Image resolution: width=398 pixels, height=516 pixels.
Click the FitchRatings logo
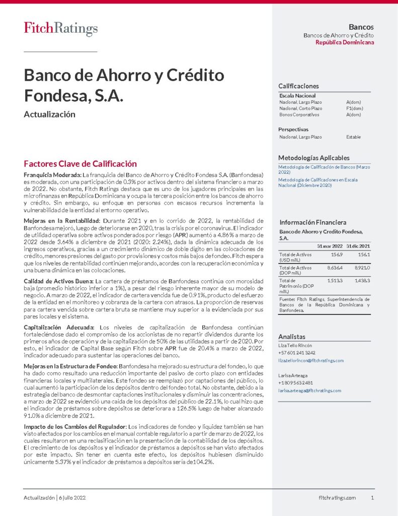click(x=61, y=29)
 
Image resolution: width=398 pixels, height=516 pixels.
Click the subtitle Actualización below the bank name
click(x=49, y=114)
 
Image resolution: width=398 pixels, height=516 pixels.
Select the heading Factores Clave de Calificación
click(x=81, y=164)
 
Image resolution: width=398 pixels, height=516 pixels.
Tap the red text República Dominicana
click(x=345, y=43)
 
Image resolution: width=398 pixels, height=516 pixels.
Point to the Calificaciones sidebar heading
click(x=298, y=86)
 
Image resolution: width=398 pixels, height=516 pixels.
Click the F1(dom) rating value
click(x=354, y=108)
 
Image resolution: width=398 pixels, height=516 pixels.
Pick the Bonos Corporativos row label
click(x=299, y=115)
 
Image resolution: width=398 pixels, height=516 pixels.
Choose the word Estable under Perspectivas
click(x=353, y=137)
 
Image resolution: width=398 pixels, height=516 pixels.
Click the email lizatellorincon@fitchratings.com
click(x=311, y=361)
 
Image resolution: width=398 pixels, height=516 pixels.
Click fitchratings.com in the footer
click(x=337, y=498)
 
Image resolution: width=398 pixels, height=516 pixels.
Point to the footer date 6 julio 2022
click(x=72, y=498)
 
